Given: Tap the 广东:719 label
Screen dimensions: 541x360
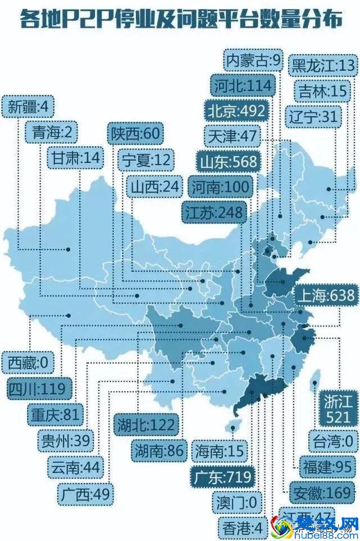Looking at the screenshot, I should coord(222,477).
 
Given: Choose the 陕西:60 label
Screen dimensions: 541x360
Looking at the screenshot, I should coord(136,133).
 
